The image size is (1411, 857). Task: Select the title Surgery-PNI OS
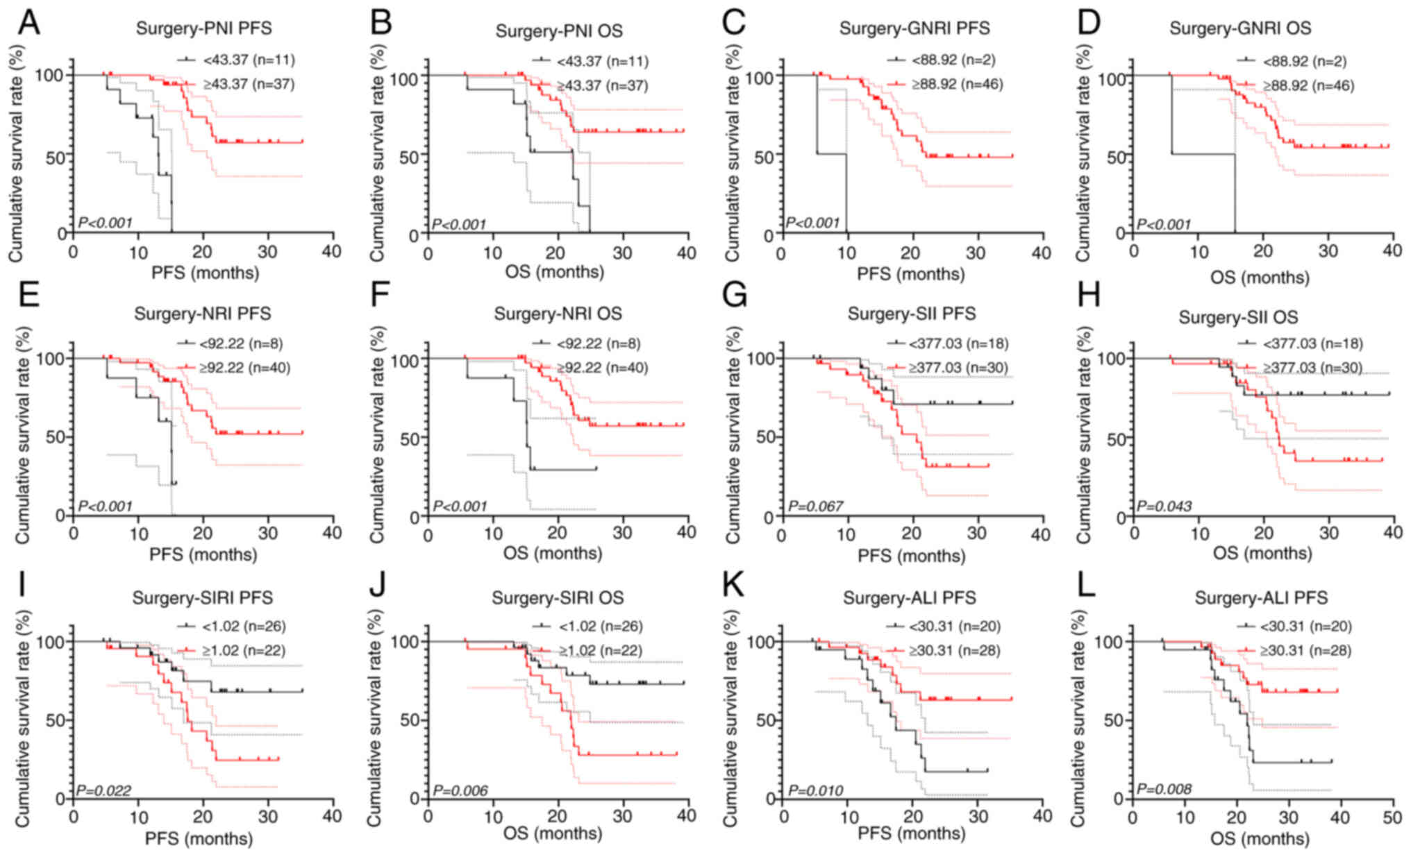[558, 31]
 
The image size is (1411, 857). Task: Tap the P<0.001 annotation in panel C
[812, 223]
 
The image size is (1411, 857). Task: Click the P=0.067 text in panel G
[815, 506]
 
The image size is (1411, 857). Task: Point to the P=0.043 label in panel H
[1164, 506]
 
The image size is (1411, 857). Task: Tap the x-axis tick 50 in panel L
[1392, 817]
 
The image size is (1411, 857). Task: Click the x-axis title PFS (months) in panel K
[911, 833]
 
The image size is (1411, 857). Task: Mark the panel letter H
[1087, 297]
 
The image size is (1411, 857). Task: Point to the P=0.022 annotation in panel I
[103, 790]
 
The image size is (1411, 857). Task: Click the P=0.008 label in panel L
[1164, 790]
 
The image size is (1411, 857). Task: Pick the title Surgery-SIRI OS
[558, 597]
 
